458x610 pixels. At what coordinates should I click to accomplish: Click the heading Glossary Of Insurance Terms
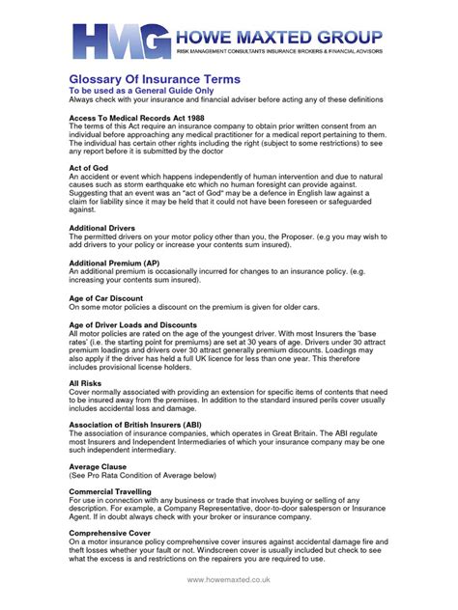click(156, 78)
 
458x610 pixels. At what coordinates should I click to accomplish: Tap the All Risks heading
click(86, 383)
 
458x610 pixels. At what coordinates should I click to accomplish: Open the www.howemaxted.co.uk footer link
click(228, 580)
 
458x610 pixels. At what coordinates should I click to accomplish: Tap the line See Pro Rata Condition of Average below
click(140, 475)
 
